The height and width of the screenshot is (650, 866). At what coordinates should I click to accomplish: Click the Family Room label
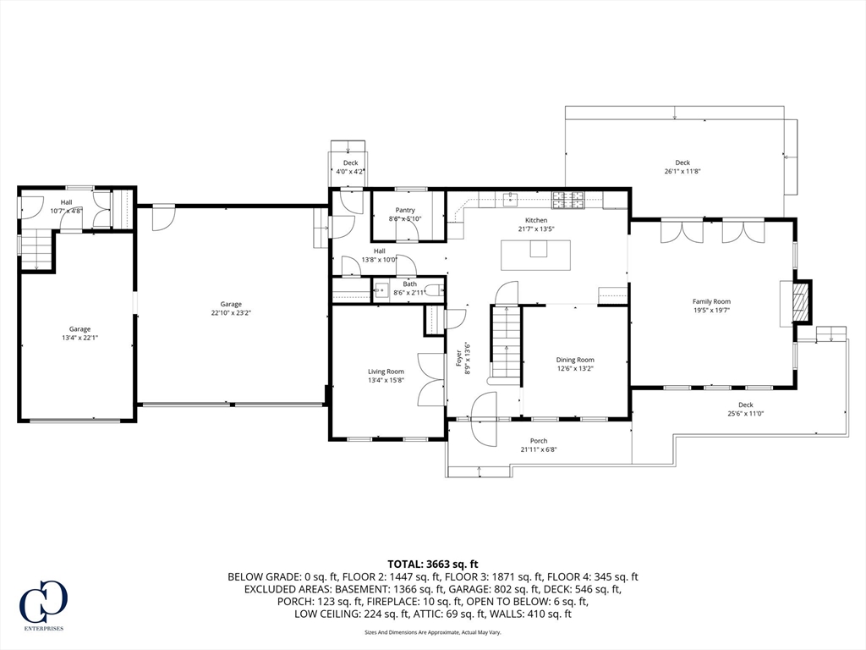(x=711, y=301)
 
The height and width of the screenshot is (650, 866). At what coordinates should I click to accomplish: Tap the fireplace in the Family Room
(x=802, y=303)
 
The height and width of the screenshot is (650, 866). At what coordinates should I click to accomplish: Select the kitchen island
(x=535, y=255)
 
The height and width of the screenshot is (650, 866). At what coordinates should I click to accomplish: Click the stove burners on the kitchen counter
(x=567, y=200)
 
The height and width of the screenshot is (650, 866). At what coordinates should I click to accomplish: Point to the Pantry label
(x=405, y=210)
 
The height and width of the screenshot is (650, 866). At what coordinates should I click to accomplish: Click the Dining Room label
(x=575, y=360)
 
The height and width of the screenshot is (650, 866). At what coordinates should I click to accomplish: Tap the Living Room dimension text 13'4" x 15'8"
(x=386, y=380)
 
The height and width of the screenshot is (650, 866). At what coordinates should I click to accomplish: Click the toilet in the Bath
(x=435, y=289)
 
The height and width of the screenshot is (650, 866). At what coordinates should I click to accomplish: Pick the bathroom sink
(x=381, y=289)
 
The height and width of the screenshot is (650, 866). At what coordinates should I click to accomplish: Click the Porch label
(x=539, y=440)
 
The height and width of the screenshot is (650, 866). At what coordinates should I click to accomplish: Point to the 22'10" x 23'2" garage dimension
(x=231, y=312)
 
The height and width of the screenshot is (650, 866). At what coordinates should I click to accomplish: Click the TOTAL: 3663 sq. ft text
(x=432, y=565)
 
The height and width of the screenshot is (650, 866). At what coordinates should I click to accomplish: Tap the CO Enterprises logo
(x=44, y=603)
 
